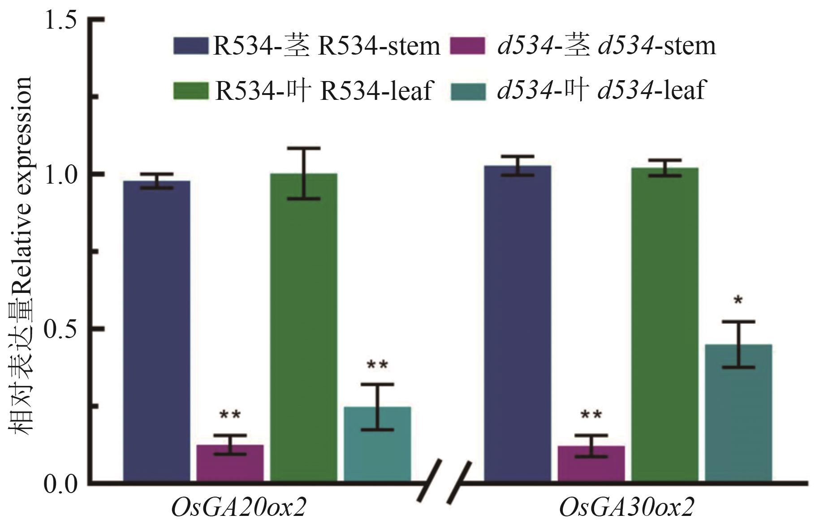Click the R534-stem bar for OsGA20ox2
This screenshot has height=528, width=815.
point(156,331)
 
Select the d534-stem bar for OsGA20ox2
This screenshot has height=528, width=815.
point(230,464)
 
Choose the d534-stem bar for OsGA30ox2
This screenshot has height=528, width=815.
point(591,464)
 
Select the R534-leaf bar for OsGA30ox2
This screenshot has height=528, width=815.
point(664,325)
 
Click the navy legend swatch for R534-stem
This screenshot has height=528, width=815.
point(191,46)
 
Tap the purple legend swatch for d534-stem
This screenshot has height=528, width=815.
point(467,46)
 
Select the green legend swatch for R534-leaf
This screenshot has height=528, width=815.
point(191,90)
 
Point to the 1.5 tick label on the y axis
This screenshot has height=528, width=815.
point(60,21)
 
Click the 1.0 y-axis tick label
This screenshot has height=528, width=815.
point(60,175)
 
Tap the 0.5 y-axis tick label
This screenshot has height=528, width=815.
point(60,329)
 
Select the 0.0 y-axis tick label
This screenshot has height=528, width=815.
point(60,484)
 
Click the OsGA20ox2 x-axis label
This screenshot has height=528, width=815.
point(239,508)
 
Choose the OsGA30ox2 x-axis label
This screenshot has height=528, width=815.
point(626,508)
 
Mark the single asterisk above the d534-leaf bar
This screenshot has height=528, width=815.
point(738,300)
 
